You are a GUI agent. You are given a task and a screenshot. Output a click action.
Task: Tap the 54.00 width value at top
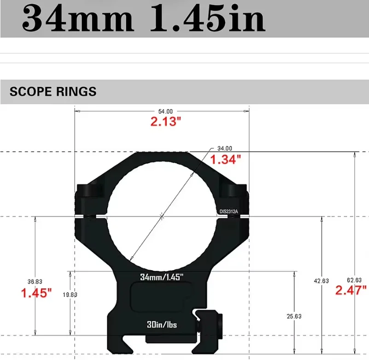click(166, 111)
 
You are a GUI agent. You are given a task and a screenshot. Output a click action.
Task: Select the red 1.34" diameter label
click(226, 160)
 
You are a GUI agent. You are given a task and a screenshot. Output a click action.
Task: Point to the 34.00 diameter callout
click(225, 148)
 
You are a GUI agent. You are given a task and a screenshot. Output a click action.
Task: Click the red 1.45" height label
click(36, 293)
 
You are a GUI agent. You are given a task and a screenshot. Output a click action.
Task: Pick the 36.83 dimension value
click(35, 281)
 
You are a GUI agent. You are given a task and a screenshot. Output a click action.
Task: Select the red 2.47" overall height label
click(351, 290)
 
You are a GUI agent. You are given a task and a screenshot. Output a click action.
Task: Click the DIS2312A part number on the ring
click(228, 211)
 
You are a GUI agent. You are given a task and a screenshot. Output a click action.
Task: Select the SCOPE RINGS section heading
click(53, 91)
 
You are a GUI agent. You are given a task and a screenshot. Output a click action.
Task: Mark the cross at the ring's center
click(162, 215)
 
